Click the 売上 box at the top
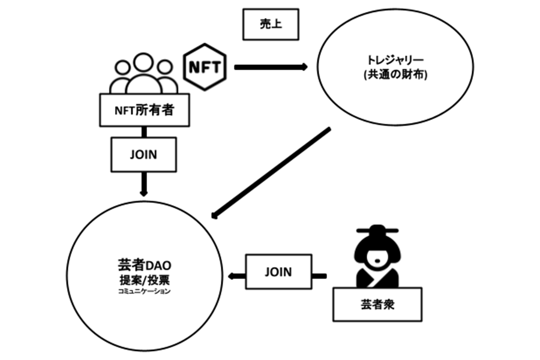coord(270,24)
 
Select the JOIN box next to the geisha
coord(278,272)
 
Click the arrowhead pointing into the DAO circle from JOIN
coord(232,276)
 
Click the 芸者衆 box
coord(377,304)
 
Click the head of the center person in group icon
coord(141,62)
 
